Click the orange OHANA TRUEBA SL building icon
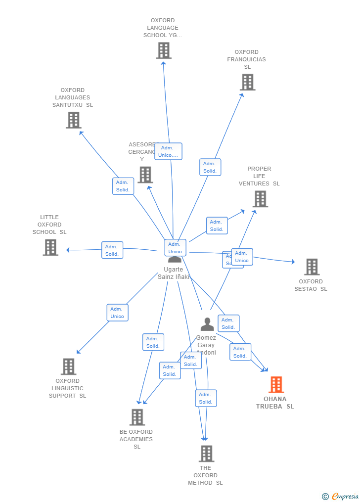[x=276, y=384]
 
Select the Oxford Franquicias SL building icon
[x=247, y=82]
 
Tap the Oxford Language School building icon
[x=164, y=50]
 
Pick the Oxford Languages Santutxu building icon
[x=73, y=120]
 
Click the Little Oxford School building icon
[x=50, y=247]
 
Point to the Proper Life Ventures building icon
[x=260, y=199]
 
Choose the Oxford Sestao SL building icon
[x=312, y=267]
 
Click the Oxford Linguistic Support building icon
[x=69, y=366]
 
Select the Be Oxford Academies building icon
[x=137, y=417]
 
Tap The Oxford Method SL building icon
[x=206, y=453]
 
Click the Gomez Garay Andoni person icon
[x=207, y=324]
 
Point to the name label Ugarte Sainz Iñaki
[x=174, y=274]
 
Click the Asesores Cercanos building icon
[x=145, y=175]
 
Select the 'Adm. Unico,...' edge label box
[x=168, y=151]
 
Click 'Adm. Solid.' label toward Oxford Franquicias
[x=210, y=167]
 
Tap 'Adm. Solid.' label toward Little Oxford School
[x=112, y=250]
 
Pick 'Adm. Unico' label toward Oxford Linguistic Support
[x=118, y=313]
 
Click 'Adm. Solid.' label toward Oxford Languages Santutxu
[x=123, y=186]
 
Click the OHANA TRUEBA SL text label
[x=275, y=403]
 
